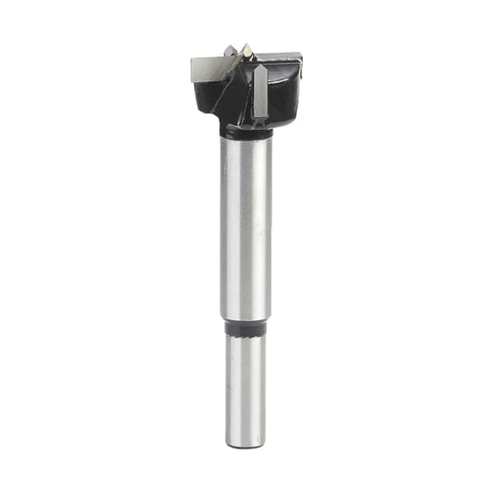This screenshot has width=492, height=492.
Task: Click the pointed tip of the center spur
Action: pos(246,43)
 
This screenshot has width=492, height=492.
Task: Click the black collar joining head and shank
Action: pos(246,132)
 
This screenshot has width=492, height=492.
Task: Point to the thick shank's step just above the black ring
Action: pos(246,316)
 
